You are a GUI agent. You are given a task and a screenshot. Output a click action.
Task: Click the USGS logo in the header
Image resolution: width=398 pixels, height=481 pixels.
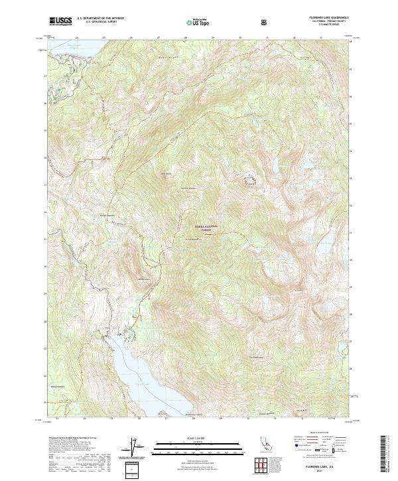[x=60, y=22]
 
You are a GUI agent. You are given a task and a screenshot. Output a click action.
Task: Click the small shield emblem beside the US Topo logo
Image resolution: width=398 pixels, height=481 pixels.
[x=265, y=22]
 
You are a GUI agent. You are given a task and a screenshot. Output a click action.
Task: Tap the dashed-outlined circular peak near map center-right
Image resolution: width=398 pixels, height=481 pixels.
[x=251, y=180]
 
